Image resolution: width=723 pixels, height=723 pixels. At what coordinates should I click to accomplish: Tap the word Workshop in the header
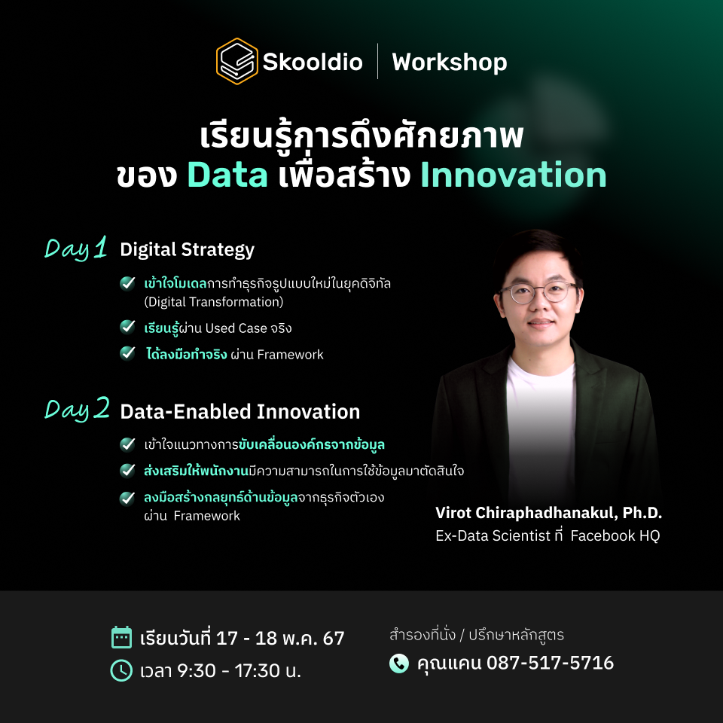click(450, 63)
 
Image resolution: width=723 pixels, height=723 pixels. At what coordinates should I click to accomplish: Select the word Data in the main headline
click(227, 175)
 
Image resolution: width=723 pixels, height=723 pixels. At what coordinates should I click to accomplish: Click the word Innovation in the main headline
click(513, 175)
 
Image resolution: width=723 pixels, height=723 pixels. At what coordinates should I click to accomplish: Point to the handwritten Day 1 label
click(76, 249)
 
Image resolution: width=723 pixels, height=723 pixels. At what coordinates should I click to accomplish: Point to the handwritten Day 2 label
click(77, 410)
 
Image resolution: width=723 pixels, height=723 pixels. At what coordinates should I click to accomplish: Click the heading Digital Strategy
click(187, 249)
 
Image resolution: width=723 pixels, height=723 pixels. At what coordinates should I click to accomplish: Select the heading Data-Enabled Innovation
click(239, 412)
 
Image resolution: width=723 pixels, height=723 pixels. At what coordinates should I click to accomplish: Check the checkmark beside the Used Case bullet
click(128, 327)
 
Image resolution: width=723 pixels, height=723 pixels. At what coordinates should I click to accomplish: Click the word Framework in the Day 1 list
click(290, 354)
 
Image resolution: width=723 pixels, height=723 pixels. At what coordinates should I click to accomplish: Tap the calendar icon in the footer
click(121, 637)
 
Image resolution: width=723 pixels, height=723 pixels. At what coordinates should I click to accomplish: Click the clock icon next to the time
click(121, 670)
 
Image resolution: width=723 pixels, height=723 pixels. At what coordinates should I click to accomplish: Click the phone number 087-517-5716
click(550, 664)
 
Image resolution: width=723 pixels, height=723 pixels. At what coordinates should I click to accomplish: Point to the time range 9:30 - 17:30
click(226, 670)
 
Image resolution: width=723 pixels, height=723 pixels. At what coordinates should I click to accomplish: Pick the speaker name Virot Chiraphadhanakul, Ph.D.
click(548, 513)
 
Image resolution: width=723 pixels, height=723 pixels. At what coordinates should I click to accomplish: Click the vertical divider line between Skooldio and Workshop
click(377, 62)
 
